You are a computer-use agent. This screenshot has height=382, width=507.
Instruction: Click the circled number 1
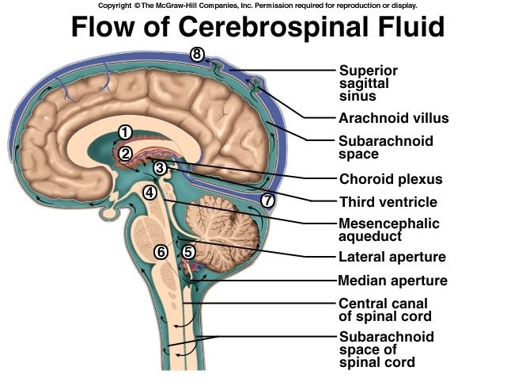pos(124,132)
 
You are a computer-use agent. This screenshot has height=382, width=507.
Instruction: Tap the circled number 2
pos(125,154)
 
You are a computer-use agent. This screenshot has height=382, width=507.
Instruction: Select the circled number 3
pos(159,167)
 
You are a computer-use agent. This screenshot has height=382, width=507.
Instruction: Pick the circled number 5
pos(188,252)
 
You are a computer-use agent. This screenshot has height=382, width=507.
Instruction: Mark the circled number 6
pos(161,252)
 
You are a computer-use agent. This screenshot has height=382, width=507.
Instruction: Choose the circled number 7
pos(267,200)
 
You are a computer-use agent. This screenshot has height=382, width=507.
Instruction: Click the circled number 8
pos(197,54)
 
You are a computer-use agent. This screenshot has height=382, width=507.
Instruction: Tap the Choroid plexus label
pos(390,178)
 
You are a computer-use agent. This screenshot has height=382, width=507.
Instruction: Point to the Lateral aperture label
pos(392,257)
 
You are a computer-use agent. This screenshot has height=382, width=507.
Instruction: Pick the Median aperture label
pos(392,280)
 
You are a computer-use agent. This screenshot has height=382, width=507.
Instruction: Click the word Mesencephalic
pos(388,223)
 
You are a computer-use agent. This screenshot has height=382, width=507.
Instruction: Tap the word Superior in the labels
pos(368,70)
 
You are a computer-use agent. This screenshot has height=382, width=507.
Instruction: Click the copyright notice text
pos(252,5)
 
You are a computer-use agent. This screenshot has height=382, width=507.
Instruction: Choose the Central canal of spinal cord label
pos(383,310)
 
